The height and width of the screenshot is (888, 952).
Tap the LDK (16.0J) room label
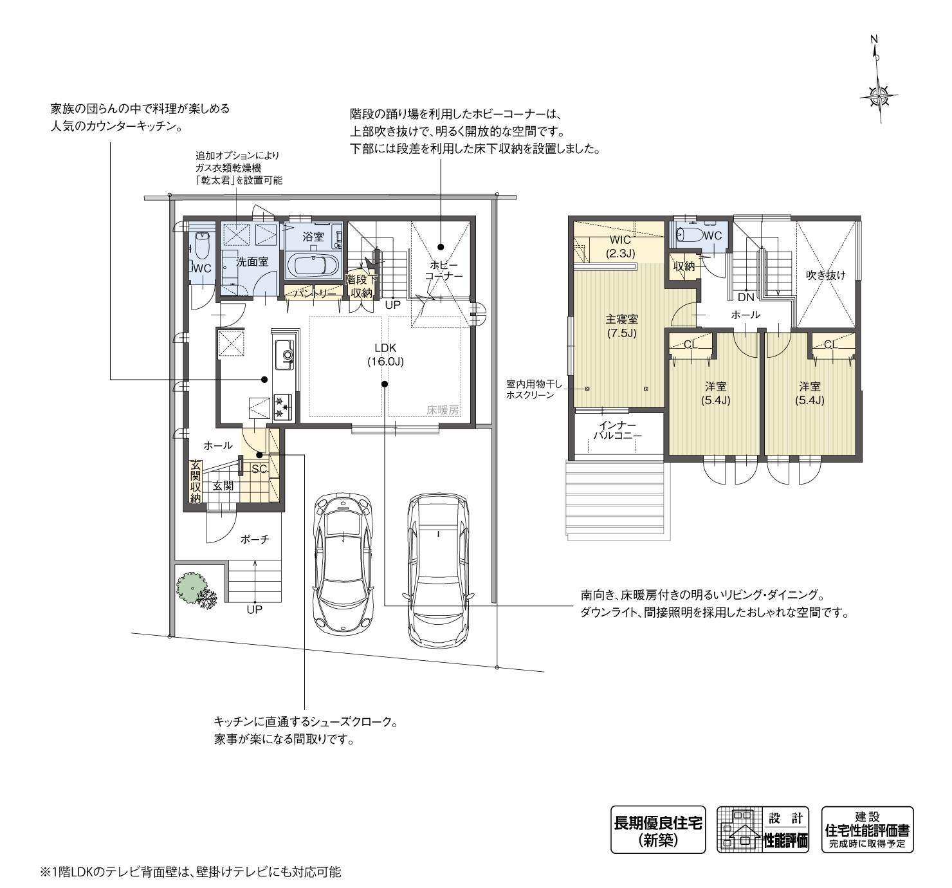(385, 355)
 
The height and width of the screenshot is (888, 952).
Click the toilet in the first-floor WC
(202, 245)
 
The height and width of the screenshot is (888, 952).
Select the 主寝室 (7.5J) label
(621, 326)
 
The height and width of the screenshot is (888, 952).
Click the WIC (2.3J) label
(621, 246)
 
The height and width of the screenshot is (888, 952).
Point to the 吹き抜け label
(825, 275)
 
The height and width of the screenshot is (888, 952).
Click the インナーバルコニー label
(617, 430)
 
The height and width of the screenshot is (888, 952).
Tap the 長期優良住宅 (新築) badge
(657, 829)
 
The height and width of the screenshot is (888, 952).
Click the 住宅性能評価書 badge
(867, 829)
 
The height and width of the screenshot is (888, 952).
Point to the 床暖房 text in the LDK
(442, 409)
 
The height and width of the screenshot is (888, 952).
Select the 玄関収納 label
(195, 482)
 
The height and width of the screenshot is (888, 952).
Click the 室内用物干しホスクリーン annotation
(534, 390)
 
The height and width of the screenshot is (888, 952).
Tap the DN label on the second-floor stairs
(746, 297)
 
